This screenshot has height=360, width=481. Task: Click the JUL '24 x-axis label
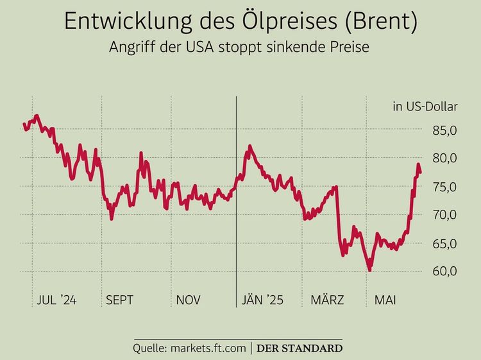coord(57,300)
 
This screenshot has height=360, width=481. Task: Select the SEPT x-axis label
coord(119,300)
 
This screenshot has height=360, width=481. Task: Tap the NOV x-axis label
coord(188,300)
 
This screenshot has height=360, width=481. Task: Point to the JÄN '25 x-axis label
coord(262,300)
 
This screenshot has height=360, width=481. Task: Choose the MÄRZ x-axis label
coord(327,300)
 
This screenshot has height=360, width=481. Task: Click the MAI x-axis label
coord(385,300)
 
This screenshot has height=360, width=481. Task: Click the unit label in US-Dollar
coord(425,107)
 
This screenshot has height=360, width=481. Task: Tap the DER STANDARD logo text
coord(299,348)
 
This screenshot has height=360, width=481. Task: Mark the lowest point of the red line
coord(369,270)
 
